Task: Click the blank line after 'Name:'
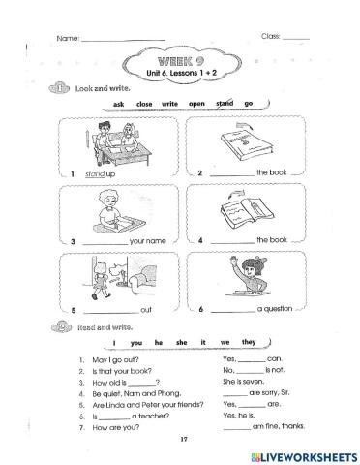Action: (122, 39)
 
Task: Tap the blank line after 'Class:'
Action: (295, 37)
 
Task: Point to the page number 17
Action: (181, 439)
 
